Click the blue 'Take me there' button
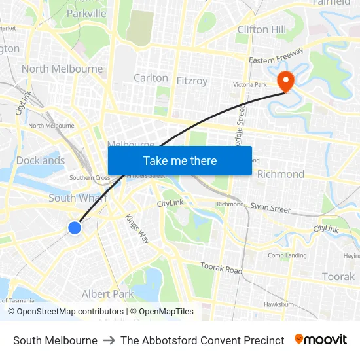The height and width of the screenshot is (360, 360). click(180, 160)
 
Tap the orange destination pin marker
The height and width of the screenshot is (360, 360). click(286, 81)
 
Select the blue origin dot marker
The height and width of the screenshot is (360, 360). click(75, 228)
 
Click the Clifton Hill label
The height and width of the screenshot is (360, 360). click(262, 29)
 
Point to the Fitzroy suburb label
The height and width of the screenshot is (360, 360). click(192, 81)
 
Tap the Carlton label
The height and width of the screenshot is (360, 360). click(151, 77)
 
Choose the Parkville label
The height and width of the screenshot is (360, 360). click(86, 13)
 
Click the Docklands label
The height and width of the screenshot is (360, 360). click(41, 160)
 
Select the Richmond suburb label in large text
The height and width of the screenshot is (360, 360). click(281, 174)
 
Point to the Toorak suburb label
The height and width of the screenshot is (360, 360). click(338, 277)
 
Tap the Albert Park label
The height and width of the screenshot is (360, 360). click(107, 294)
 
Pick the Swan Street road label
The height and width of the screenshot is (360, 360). click(270, 209)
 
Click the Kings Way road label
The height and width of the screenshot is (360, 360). click(137, 229)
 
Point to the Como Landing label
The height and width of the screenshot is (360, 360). click(287, 255)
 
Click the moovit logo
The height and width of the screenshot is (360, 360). click(321, 340)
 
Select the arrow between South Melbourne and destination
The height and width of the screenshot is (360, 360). click(109, 340)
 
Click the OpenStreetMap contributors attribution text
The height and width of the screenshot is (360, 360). click(65, 312)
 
